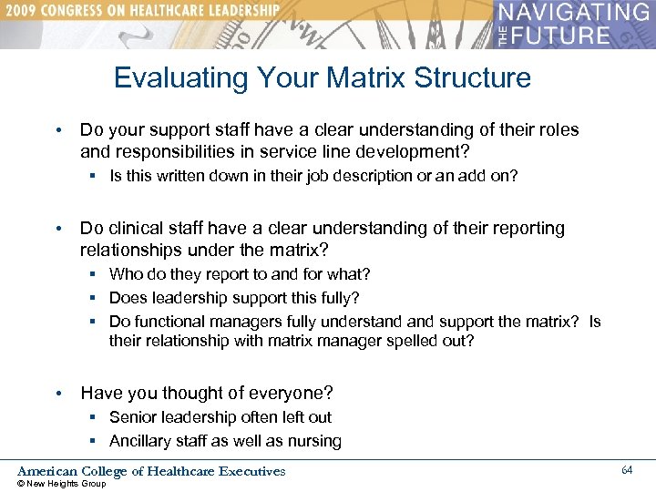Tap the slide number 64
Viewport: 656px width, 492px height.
(x=627, y=469)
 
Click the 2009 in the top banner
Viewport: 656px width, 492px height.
(x=26, y=10)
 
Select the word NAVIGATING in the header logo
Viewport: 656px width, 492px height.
(x=576, y=14)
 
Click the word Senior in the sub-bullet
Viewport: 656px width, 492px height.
(x=133, y=417)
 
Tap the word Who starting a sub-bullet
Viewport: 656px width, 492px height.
(x=125, y=274)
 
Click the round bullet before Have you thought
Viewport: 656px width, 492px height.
(x=59, y=394)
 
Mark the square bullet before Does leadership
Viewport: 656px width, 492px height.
(x=94, y=298)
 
